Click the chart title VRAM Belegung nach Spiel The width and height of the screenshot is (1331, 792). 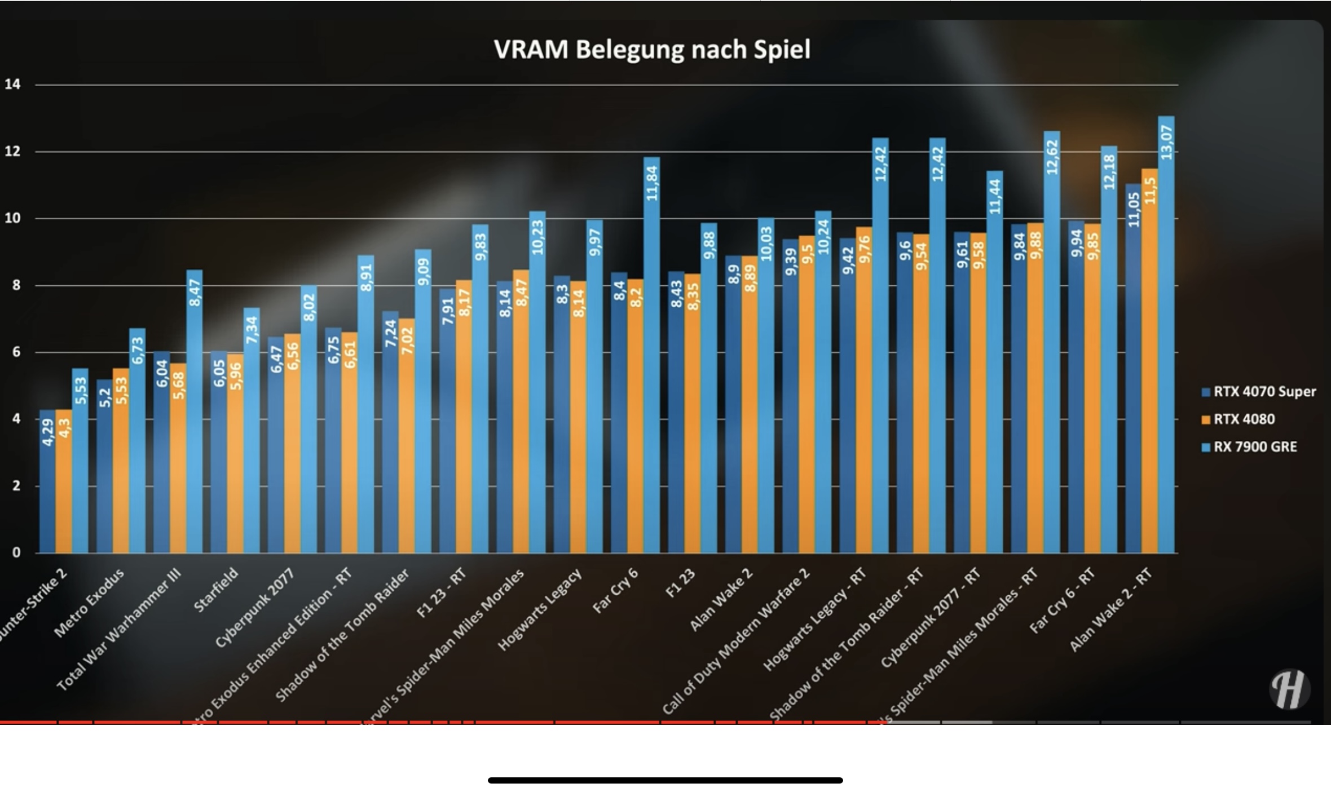(x=652, y=50)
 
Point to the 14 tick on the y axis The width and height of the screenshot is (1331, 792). (x=12, y=85)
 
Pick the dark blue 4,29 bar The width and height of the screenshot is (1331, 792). (x=47, y=485)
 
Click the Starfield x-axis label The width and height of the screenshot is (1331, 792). (x=216, y=590)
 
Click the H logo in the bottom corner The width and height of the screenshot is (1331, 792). (x=1290, y=688)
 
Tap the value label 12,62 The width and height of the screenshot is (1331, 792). (x=1052, y=157)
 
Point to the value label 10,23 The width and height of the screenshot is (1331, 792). (x=537, y=237)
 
